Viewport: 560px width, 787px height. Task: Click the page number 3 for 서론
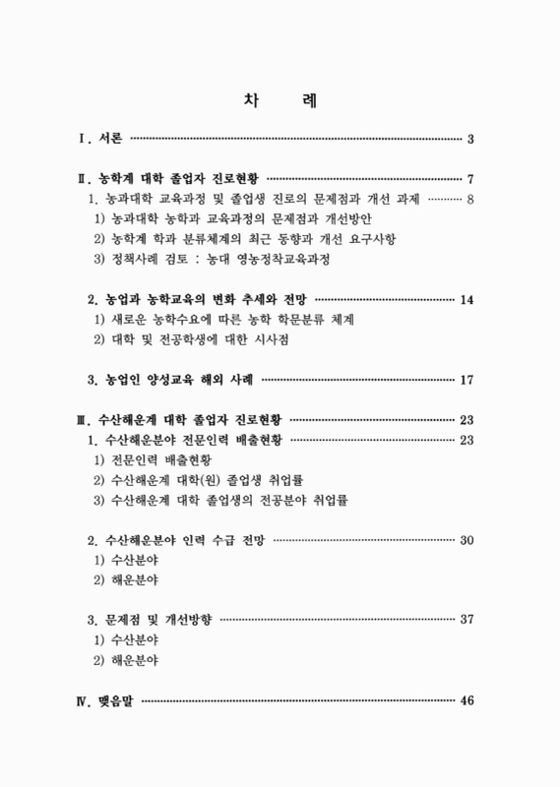coord(471,138)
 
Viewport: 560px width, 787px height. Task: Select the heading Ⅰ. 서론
coord(99,138)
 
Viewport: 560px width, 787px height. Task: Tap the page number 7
coord(471,179)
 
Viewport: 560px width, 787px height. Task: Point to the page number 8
coord(471,200)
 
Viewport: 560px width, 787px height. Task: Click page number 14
coord(467,299)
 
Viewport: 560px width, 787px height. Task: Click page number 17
coord(467,380)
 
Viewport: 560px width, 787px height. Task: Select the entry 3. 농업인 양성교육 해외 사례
coord(170,380)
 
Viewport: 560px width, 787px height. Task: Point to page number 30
coord(467,540)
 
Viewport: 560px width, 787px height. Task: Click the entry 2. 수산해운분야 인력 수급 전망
coord(176,540)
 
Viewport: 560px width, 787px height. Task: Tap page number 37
coord(467,621)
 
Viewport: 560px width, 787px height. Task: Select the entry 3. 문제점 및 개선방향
coord(149,621)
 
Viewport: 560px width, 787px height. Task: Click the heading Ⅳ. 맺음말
coord(107,700)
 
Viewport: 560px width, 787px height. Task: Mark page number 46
coord(467,700)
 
